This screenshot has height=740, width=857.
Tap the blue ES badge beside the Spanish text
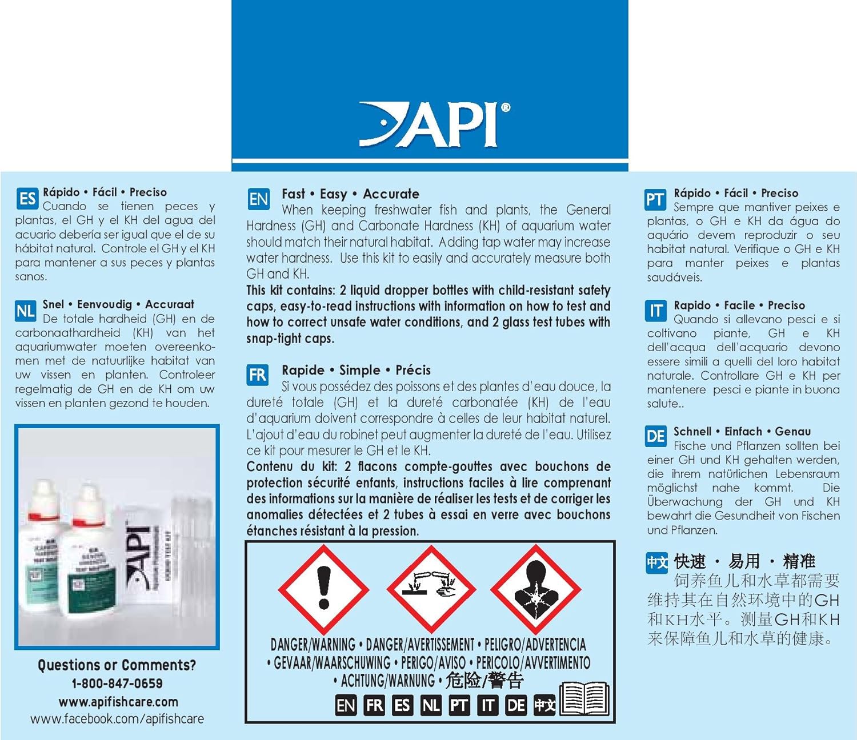point(27,199)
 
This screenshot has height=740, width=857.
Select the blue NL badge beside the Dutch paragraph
point(26,311)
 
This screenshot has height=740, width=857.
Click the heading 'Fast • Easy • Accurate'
point(350,194)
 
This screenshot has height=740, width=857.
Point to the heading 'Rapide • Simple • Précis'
point(356,370)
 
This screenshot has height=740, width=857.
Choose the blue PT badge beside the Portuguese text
point(655,200)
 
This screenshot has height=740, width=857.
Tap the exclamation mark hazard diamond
point(324,588)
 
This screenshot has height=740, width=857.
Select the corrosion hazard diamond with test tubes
point(431,588)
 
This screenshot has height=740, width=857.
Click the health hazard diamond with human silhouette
point(535,588)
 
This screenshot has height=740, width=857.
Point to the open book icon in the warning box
point(584,698)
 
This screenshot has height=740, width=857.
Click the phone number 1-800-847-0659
point(117,683)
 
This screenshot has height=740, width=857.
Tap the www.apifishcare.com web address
point(118,702)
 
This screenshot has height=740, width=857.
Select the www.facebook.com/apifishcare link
point(117,719)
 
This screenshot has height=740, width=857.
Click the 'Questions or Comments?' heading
point(117,665)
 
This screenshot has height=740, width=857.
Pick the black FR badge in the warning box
point(374,705)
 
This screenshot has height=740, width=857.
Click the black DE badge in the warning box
point(516,705)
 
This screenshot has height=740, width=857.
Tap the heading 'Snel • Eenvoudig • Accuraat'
point(118,304)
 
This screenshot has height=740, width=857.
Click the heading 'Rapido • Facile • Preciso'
point(739,305)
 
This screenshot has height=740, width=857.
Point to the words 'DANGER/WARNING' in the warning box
point(313,645)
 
